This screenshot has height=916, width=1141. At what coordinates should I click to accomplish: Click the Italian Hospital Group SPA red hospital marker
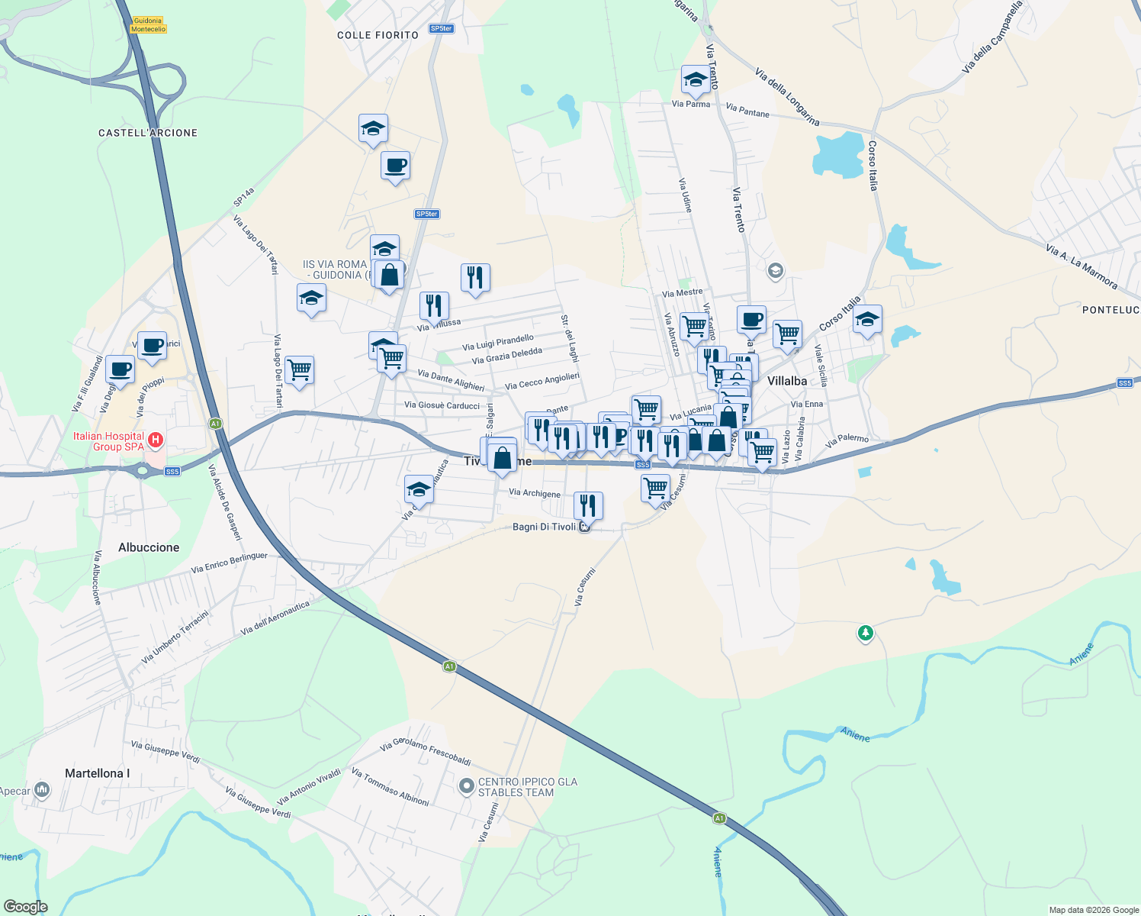point(156,440)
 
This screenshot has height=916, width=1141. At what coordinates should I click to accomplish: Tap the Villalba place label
point(787,381)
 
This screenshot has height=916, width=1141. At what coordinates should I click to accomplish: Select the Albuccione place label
point(149,547)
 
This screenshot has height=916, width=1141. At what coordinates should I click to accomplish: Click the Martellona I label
point(97,773)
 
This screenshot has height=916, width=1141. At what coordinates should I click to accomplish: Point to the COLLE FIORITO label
point(378,35)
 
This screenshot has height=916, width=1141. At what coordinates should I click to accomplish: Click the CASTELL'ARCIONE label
point(148,133)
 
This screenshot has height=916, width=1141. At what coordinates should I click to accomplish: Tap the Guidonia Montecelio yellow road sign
point(148,25)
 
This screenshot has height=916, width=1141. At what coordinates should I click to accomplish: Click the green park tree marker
point(865,633)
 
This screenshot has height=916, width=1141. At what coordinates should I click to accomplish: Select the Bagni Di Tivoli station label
point(545,527)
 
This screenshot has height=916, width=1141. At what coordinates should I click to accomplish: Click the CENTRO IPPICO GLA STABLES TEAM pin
point(466,785)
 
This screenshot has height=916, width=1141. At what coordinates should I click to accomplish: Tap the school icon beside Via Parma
point(695,79)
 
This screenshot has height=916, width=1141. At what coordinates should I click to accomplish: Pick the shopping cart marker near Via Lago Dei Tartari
point(300,370)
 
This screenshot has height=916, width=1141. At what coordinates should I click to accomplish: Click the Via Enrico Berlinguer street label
point(230,563)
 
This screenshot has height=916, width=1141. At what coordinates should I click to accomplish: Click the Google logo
point(26,907)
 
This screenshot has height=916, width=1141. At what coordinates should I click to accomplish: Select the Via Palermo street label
point(847,441)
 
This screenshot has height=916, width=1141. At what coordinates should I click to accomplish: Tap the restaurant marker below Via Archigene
point(588,505)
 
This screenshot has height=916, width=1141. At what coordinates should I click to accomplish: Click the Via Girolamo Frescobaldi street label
point(426,751)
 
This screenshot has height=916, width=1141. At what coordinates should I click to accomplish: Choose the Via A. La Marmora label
point(1082,266)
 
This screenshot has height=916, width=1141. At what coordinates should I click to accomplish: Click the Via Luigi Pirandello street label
point(498,343)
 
